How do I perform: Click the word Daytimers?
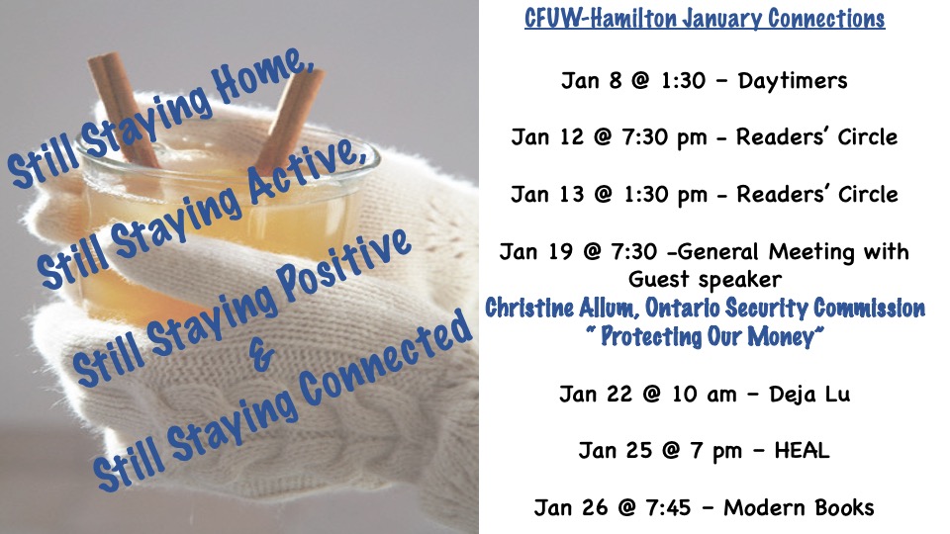(793, 80)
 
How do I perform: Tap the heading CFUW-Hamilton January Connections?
(705, 19)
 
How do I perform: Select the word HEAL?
(802, 451)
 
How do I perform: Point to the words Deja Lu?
(809, 395)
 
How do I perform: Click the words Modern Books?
(800, 507)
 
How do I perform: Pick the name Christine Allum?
(562, 308)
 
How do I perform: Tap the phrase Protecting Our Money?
(707, 336)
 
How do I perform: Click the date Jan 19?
(535, 251)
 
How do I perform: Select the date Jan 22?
(595, 395)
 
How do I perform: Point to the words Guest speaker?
(705, 280)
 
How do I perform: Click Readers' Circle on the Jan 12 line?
(816, 137)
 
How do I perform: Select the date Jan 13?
(547, 195)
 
